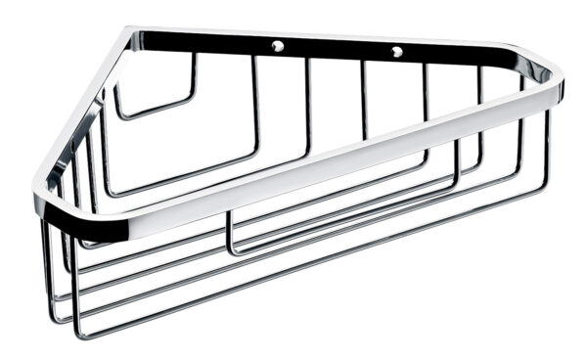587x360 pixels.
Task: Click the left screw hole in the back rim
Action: click(279, 45)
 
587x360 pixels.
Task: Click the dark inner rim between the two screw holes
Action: click(338, 49)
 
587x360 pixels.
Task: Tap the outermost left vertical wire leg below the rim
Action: click(45, 264)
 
